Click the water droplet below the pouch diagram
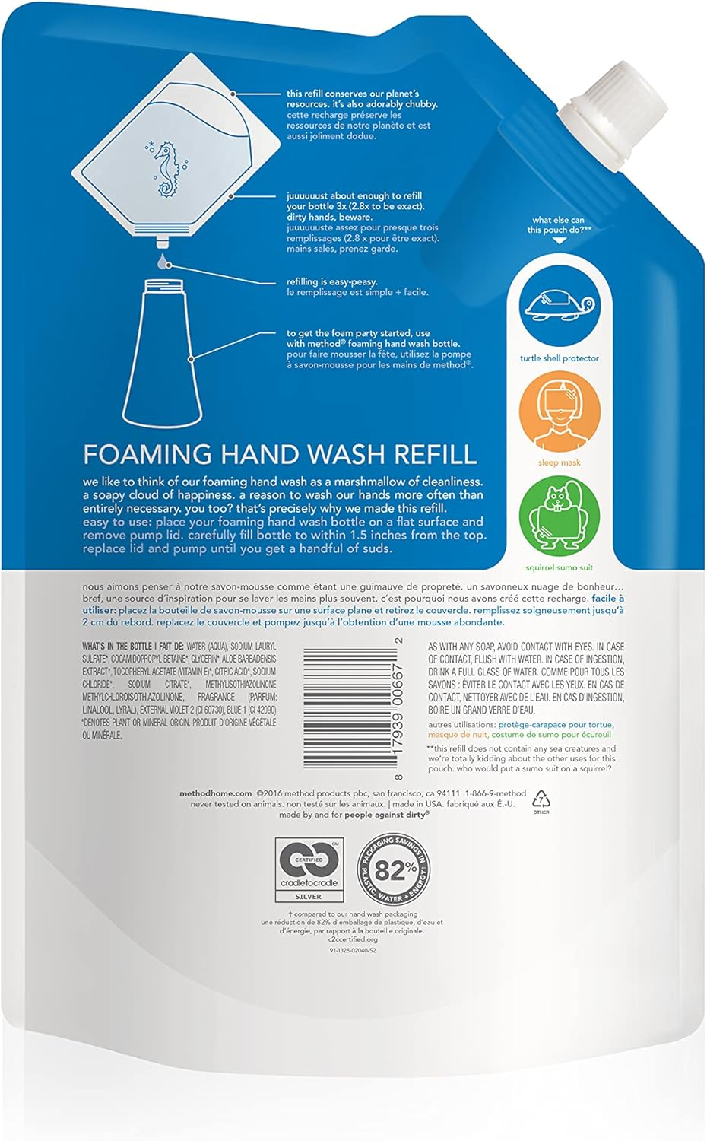[161, 262]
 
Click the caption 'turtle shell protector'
[560, 358]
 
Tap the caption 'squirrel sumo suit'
[560, 567]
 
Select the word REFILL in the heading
[433, 454]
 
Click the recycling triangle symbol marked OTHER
[541, 799]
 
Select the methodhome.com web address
[215, 793]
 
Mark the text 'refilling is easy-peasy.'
[332, 282]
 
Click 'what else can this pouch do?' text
[558, 225]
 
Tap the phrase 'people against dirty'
[386, 814]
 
